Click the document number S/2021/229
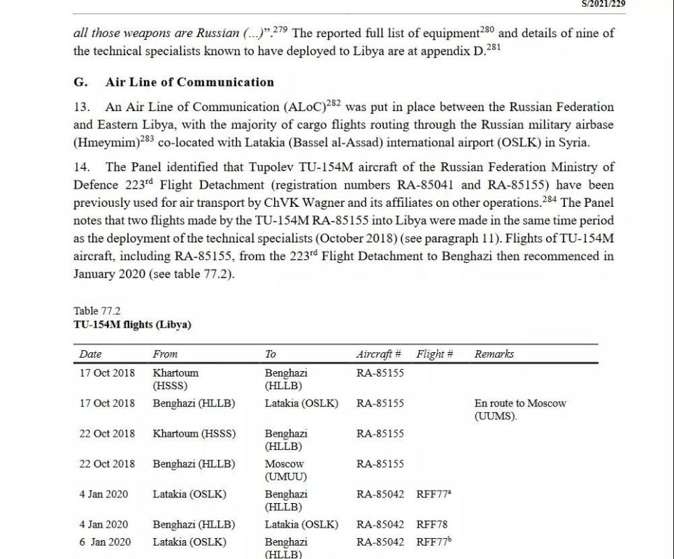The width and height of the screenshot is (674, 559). pos(603,3)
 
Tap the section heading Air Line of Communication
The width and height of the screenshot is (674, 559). pos(189,82)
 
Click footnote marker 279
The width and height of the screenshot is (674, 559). pos(279,29)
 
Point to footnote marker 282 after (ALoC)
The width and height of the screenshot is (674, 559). pos(334,103)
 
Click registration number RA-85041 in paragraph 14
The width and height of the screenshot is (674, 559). pos(431,185)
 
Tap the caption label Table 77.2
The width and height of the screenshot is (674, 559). pos(96,311)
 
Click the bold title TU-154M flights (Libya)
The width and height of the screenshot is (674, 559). pos(132,324)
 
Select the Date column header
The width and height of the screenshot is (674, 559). pos(90,354)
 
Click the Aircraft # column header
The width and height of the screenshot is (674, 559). pos(378,354)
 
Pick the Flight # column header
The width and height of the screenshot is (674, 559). pos(434,354)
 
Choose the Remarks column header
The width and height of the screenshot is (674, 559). pos(494,354)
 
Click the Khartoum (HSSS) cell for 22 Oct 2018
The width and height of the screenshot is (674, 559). pos(194,433)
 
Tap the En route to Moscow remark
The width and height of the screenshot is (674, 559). pos(520,409)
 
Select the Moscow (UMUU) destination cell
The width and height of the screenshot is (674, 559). pos(285,470)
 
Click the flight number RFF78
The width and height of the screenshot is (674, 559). pos(431,524)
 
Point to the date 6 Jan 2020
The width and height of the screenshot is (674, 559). pos(105,542)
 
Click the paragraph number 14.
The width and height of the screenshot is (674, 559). pos(82,168)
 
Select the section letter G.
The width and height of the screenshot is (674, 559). pos(80,82)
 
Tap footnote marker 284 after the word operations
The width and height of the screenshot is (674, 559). pos(550,200)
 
